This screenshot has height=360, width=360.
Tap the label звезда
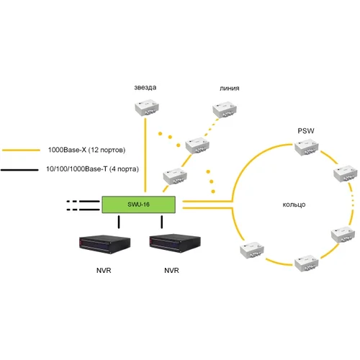click(x=145, y=88)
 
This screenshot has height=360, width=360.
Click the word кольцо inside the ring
click(x=294, y=205)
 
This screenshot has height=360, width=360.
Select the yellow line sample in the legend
click(x=22, y=150)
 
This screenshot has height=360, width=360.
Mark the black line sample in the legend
click(x=22, y=169)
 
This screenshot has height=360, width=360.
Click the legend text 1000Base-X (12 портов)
click(x=86, y=150)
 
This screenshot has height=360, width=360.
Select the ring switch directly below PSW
click(x=305, y=150)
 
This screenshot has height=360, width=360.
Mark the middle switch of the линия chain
click(x=198, y=145)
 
